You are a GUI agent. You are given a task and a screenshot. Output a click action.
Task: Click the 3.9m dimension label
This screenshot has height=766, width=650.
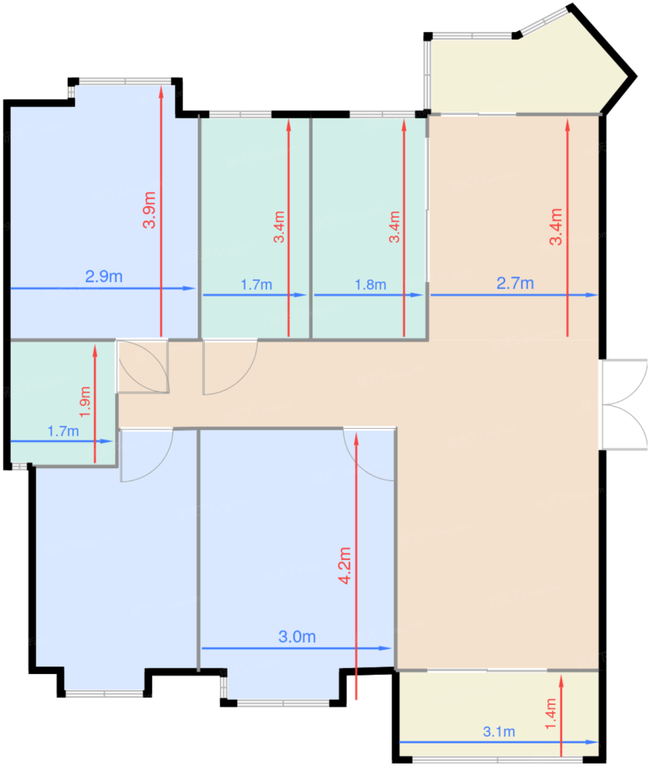(x=149, y=210)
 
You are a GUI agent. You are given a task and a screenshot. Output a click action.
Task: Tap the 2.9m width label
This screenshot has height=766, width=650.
(x=104, y=276)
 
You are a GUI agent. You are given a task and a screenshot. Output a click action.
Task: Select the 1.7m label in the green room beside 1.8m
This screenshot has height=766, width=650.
(x=256, y=285)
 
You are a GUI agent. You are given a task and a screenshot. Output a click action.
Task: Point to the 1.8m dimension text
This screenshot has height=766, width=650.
(x=370, y=285)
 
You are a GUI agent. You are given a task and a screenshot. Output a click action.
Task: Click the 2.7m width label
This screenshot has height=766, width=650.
(x=515, y=283)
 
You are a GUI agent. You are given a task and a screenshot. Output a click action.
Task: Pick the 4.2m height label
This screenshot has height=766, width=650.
(x=345, y=566)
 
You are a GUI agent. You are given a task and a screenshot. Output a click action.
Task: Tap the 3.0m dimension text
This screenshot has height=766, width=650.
(x=297, y=637)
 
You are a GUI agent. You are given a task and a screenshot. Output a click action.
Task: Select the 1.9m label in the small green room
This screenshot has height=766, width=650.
(x=85, y=402)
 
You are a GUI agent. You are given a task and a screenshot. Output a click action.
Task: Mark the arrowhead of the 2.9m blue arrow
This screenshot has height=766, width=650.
(x=189, y=288)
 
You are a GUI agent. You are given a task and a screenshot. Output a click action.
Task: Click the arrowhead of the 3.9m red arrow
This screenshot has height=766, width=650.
(x=161, y=91)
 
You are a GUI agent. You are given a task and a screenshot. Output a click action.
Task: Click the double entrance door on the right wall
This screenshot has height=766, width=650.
(x=624, y=405)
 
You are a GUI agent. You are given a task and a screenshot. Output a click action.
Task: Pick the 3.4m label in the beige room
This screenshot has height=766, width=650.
(x=555, y=227)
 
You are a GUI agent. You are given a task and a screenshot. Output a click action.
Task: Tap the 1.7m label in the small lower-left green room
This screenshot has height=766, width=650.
(x=63, y=431)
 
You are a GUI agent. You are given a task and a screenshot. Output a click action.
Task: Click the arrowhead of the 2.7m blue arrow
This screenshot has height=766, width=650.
(x=592, y=295)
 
